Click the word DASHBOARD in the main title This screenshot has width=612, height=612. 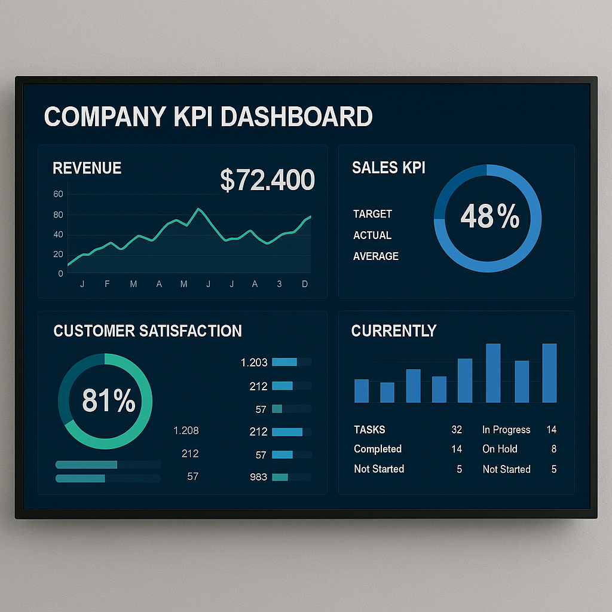pos(296,117)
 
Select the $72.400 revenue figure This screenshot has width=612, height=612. pos(267,180)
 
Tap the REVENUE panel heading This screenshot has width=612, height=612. pos(87,169)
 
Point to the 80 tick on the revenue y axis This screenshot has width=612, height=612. pos(58,215)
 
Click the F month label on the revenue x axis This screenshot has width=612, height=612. pos(107,284)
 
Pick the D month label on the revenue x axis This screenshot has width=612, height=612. pos(305,284)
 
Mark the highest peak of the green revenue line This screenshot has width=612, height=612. pos(198,209)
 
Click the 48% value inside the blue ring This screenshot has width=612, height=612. pos(489,216)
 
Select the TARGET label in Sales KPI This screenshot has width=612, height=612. pos(372,214)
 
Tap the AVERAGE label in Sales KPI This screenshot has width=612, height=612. pos(375,256)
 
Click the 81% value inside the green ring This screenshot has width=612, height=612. pos(108,400)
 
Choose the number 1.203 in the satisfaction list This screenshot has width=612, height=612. pos(254,362)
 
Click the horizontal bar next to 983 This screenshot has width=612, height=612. pos(292,477)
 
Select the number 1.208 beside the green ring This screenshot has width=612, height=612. pos(186,430)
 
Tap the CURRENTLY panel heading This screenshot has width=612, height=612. pos(394,331)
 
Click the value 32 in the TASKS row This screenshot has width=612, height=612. pos(457,430)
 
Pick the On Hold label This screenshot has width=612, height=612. pos(500,449)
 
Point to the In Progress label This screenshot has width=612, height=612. pos(506,430)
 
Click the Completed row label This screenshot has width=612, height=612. pos(378,449)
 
